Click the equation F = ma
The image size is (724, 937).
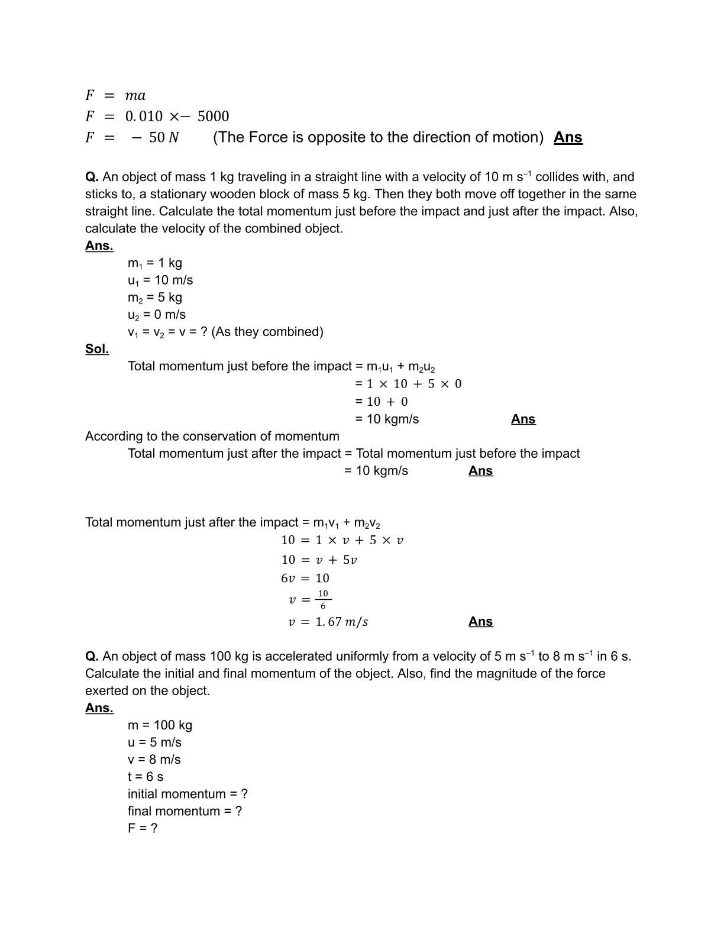pyautogui.click(x=115, y=95)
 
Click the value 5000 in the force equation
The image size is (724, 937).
pyautogui.click(x=213, y=116)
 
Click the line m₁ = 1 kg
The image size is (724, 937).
pyautogui.click(x=155, y=263)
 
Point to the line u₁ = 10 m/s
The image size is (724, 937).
pyautogui.click(x=160, y=280)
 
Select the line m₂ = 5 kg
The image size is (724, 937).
pyautogui.click(x=155, y=298)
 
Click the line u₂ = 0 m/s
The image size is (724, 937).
pyautogui.click(x=157, y=315)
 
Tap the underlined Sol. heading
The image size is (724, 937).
pyautogui.click(x=97, y=349)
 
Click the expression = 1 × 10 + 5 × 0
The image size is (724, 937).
pyautogui.click(x=408, y=384)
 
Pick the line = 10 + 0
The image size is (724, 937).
pyautogui.click(x=382, y=402)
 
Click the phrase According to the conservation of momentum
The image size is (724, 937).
pyautogui.click(x=212, y=437)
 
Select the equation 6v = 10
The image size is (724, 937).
pyautogui.click(x=305, y=578)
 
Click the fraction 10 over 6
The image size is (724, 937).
pyautogui.click(x=323, y=599)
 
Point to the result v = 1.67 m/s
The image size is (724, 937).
pyautogui.click(x=328, y=622)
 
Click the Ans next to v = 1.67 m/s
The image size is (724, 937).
pyautogui.click(x=480, y=622)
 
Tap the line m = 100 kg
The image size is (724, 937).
pyautogui.click(x=160, y=725)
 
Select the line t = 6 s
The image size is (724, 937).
pyautogui.click(x=146, y=777)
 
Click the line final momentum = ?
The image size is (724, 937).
pyautogui.click(x=185, y=811)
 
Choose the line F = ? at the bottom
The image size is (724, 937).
pyautogui.click(x=143, y=828)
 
